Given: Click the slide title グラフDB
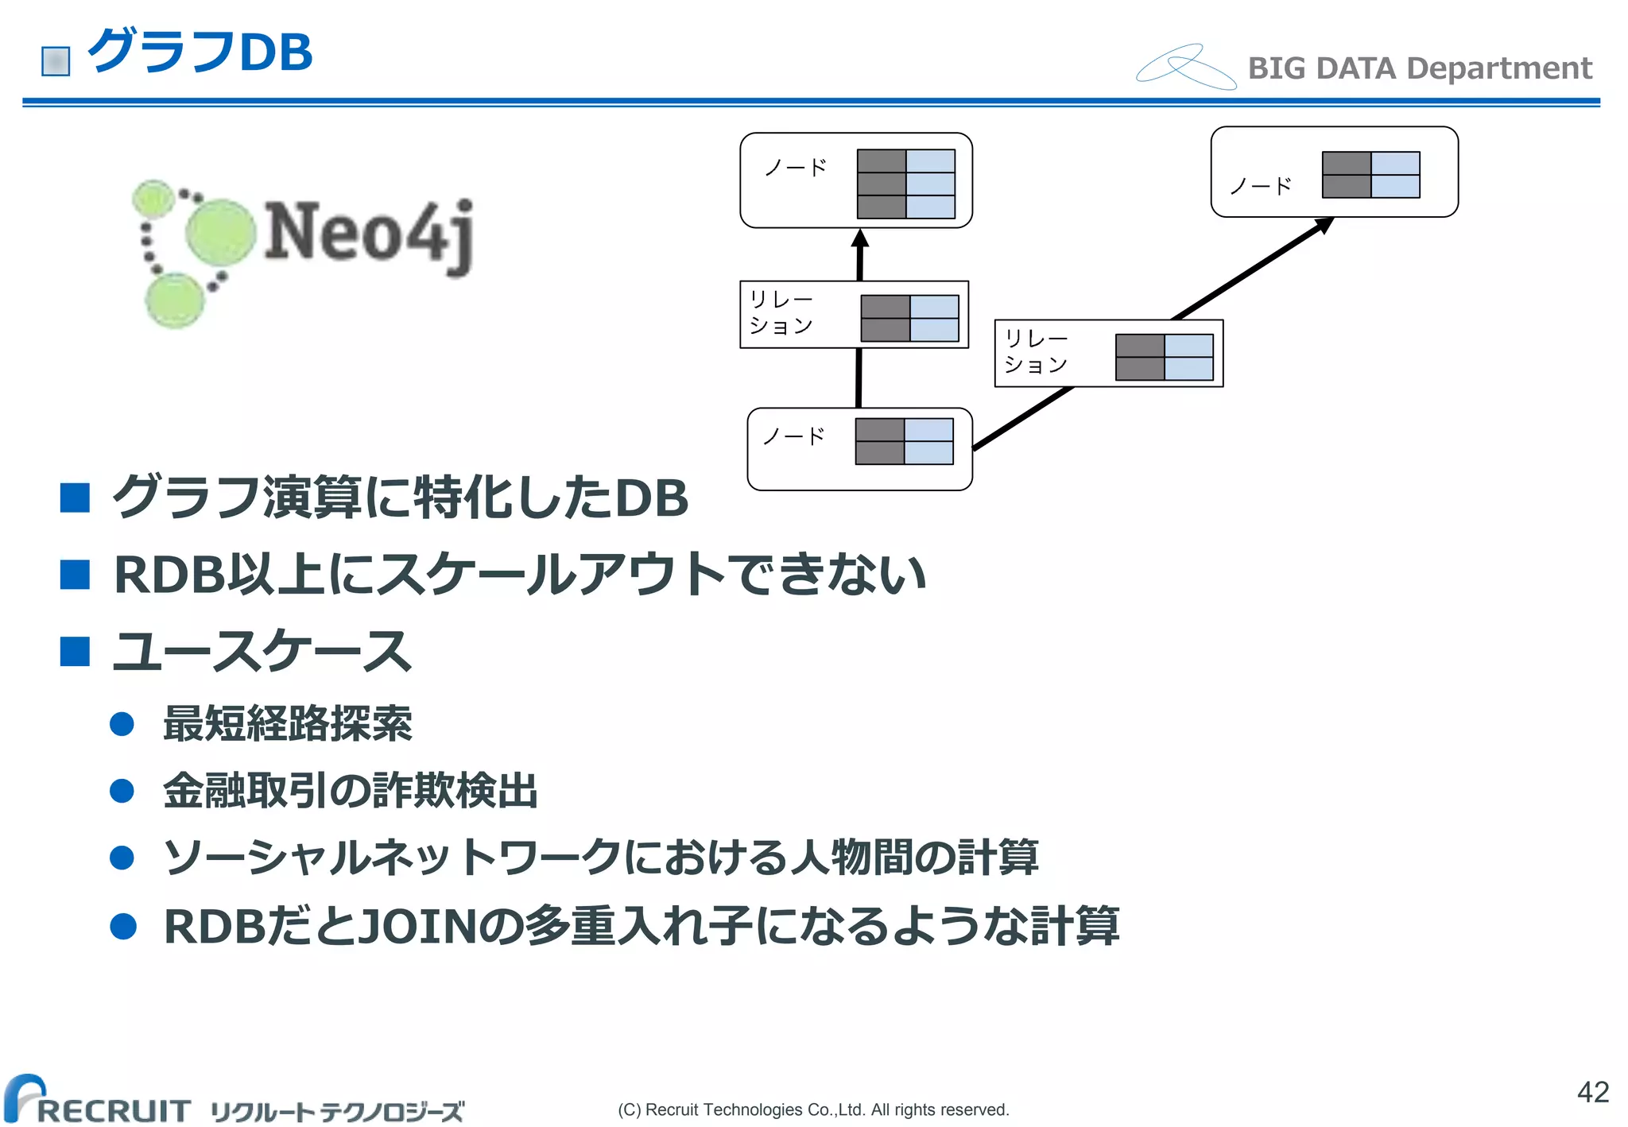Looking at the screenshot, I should (200, 52).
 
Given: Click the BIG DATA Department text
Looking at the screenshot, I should (1420, 68).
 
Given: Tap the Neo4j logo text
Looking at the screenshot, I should (369, 234).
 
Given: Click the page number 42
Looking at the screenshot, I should (1592, 1091).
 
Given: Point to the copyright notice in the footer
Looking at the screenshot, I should (813, 1110).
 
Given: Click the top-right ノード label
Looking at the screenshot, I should (1260, 187).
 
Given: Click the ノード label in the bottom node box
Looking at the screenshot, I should (793, 436).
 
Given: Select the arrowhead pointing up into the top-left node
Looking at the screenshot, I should (859, 239).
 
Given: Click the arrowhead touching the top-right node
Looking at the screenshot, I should (1324, 226).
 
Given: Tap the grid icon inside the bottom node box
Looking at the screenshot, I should (904, 441).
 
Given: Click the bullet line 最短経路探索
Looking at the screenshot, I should (287, 723).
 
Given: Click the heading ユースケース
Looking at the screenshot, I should (262, 651).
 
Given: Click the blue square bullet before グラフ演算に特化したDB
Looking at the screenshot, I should (75, 498).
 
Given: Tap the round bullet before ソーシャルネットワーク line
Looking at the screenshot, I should (122, 858).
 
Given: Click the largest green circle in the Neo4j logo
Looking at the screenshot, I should (220, 232).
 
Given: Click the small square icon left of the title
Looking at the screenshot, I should (56, 61).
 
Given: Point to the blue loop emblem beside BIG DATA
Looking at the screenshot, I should (1185, 67).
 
